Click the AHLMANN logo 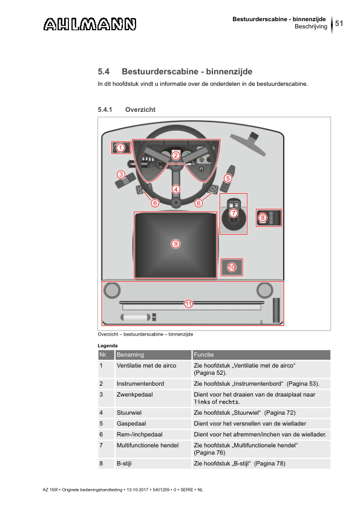[x=90, y=24]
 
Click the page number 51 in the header [x=339, y=24]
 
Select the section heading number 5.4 [x=103, y=71]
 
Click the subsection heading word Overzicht [x=140, y=110]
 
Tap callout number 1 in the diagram [x=120, y=148]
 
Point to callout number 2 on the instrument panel [x=176, y=155]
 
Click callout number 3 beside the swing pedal [x=121, y=175]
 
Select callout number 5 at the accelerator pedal [x=227, y=178]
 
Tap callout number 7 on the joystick [x=234, y=213]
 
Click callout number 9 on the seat [x=175, y=244]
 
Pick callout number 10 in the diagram [x=232, y=267]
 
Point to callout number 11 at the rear [x=188, y=304]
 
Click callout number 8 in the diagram [x=263, y=218]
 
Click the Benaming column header [x=130, y=355]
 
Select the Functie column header [x=204, y=355]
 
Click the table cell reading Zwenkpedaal [x=134, y=394]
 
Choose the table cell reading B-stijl [x=124, y=464]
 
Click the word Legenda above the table [x=108, y=346]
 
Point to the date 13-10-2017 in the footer [x=137, y=490]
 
